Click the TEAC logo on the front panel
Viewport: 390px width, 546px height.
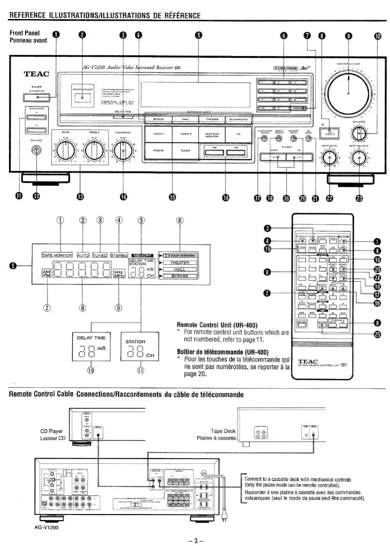tap(36, 74)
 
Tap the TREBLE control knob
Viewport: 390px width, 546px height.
tap(94, 151)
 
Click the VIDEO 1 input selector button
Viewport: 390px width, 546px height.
tap(158, 134)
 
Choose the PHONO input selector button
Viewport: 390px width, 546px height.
tap(158, 151)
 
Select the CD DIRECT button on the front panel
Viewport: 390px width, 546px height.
tap(330, 133)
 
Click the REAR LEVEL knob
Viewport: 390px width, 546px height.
tap(329, 157)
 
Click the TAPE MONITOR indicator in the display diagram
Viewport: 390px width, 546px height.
tap(57, 255)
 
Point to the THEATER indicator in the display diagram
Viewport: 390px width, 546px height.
tap(180, 263)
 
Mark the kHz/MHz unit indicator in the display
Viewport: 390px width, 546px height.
tap(119, 274)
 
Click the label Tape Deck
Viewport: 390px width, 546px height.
tap(223, 431)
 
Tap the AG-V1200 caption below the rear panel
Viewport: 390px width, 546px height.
tap(46, 527)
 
